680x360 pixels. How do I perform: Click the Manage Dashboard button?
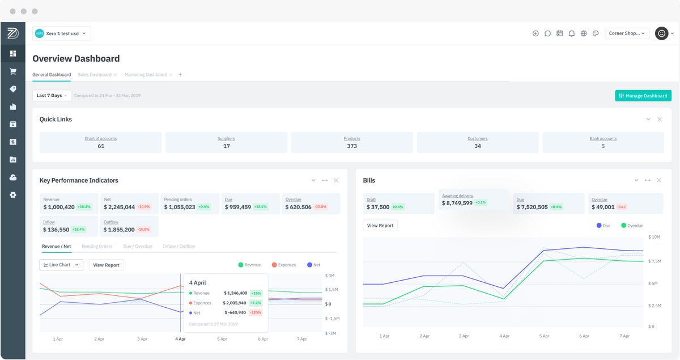point(643,96)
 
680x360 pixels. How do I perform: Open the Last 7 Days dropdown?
point(52,96)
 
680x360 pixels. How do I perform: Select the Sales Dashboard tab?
point(94,75)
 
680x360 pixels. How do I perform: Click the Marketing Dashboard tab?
point(146,75)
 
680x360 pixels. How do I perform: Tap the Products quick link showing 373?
point(352,143)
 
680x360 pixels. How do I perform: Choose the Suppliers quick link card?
point(226,143)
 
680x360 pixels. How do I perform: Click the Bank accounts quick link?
point(603,143)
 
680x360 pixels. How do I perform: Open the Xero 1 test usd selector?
point(62,33)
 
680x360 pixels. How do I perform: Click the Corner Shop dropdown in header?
point(627,33)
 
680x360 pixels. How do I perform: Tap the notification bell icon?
point(572,33)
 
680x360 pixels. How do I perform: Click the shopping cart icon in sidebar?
point(13,71)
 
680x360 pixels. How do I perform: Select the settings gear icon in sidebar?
point(13,195)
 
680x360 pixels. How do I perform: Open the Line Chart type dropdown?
point(61,265)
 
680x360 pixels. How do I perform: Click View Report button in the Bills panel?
point(380,226)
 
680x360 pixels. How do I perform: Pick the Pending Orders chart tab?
point(97,247)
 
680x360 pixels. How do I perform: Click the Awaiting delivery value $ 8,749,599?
point(457,203)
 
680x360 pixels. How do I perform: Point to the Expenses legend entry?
point(284,265)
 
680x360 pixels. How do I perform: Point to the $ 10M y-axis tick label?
point(654,236)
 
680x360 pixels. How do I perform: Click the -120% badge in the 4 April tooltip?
point(256,312)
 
